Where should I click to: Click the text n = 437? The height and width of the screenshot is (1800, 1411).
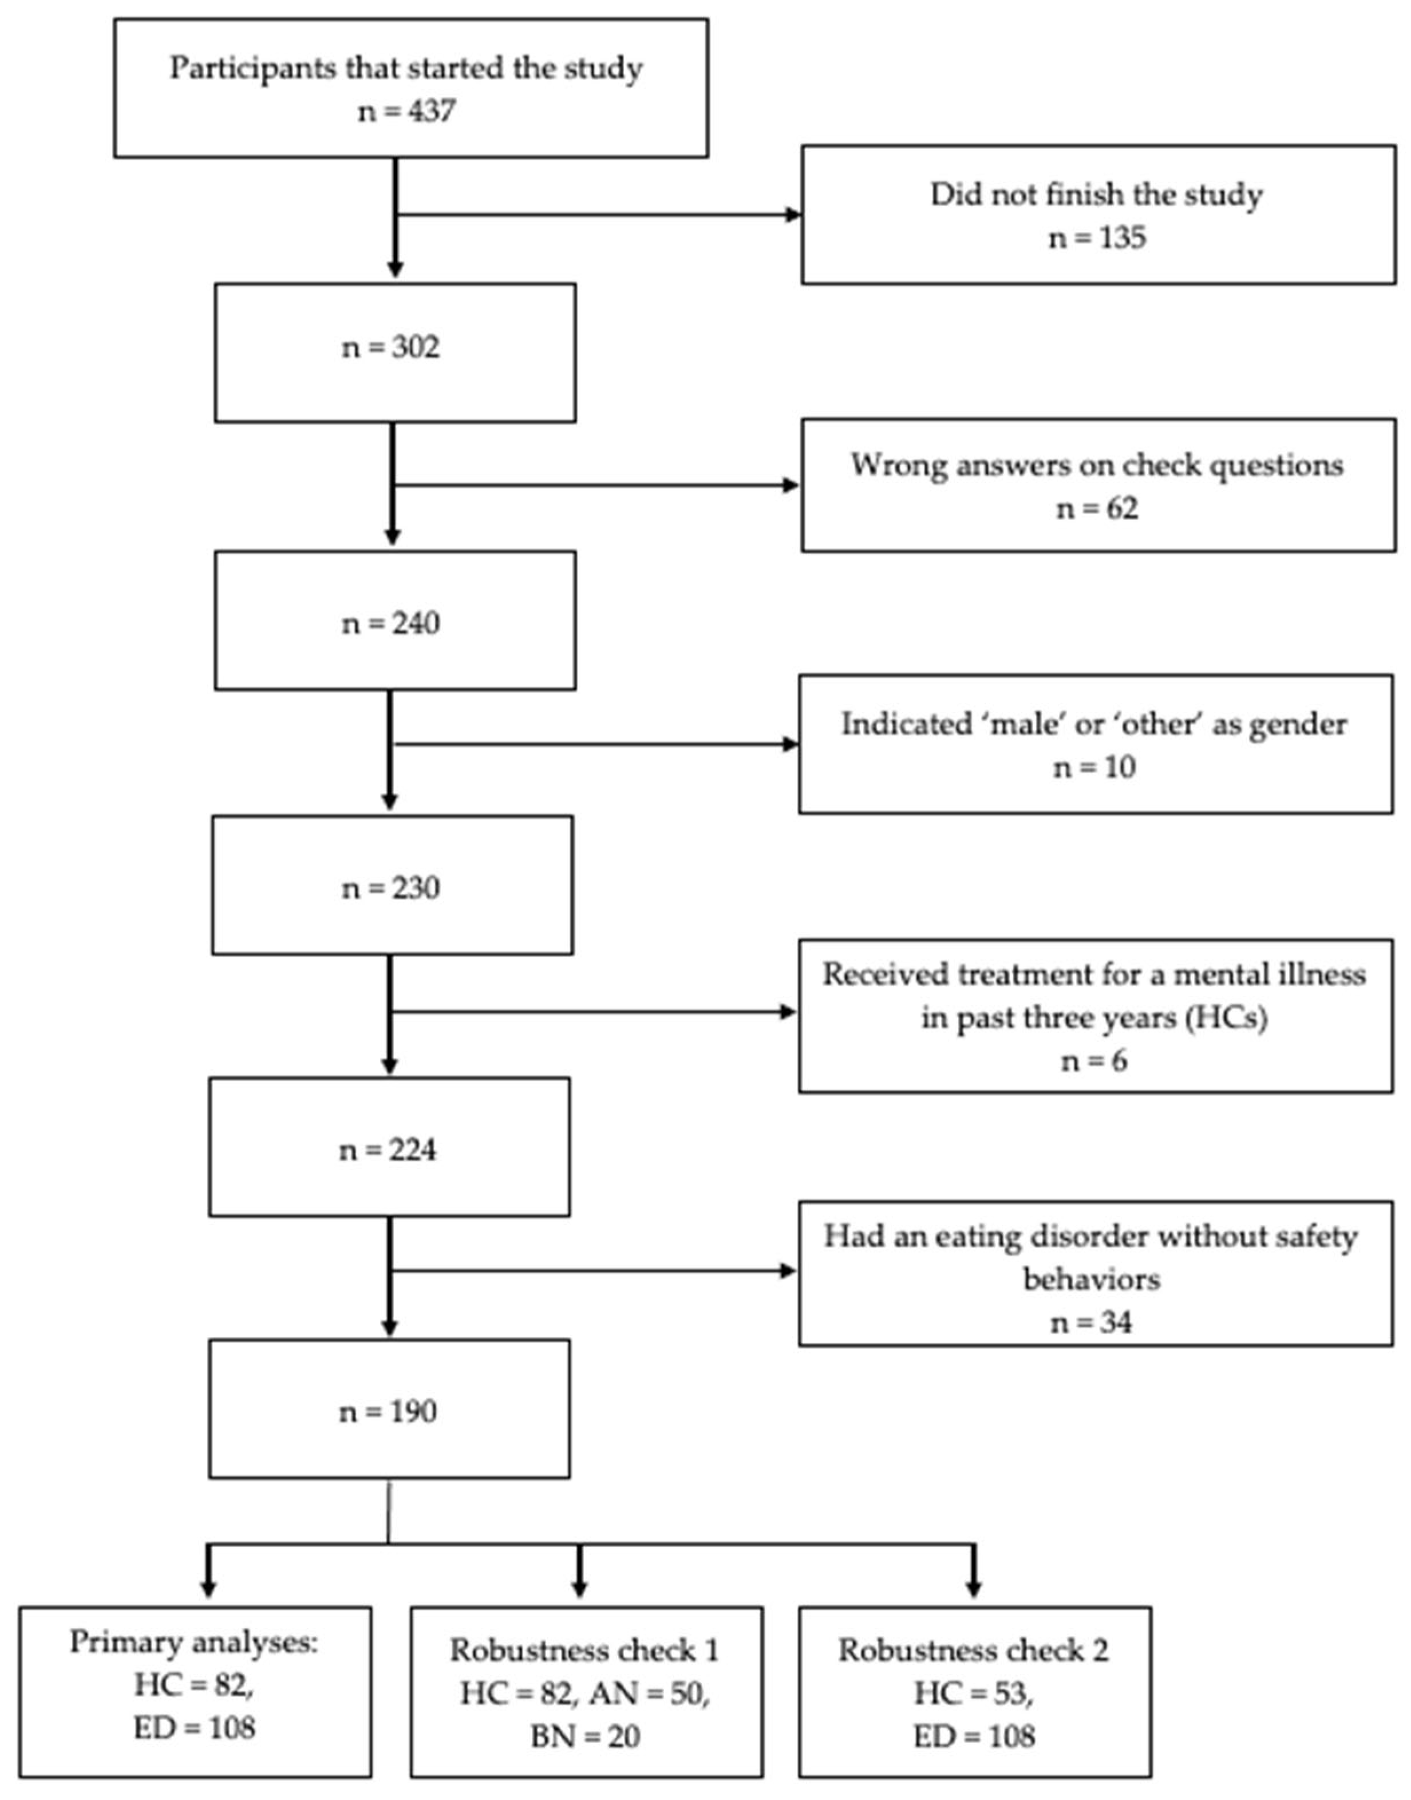406,110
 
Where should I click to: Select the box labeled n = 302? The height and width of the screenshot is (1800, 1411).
395,353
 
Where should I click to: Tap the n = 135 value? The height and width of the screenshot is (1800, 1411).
1097,238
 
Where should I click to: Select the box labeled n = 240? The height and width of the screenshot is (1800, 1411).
395,621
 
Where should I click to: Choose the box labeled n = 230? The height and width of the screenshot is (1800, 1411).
392,885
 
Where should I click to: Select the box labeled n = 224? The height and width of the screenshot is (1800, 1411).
389,1147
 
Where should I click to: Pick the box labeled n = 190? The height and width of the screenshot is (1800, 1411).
389,1408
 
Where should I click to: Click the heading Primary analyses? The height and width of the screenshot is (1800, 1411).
193,1641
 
